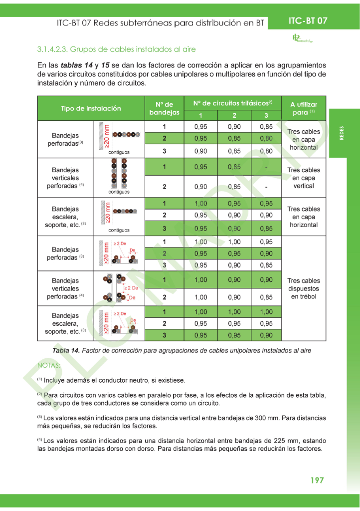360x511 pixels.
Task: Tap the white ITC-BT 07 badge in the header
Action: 308,21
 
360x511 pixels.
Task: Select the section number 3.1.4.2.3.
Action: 52,49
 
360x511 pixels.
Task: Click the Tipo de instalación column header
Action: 91,108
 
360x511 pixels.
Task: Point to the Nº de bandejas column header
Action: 164,108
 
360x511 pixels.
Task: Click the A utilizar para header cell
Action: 304,108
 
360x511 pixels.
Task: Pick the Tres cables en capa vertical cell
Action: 304,178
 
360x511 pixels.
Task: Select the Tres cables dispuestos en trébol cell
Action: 304,288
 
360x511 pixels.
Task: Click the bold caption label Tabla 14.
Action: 62,350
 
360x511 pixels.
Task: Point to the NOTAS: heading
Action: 49,366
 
